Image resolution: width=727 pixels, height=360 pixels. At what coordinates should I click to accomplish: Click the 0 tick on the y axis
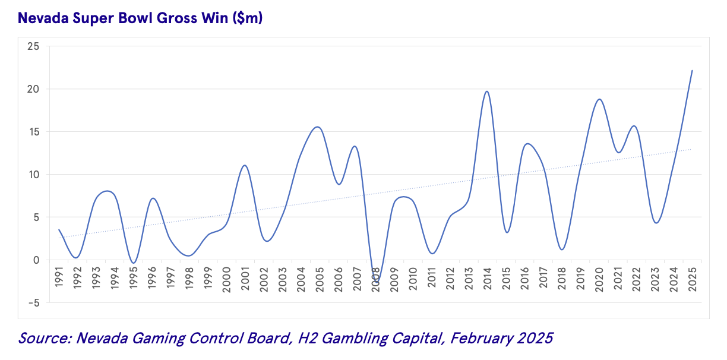(36, 260)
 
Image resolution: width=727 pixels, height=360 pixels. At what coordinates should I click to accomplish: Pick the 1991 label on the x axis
(59, 277)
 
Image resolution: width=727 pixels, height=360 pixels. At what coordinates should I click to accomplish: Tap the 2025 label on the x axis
(692, 277)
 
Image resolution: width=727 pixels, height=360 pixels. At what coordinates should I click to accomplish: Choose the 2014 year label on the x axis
(487, 277)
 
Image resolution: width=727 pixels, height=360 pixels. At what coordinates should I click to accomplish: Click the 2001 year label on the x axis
(245, 277)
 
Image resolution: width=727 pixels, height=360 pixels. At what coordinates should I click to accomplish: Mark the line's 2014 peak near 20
(487, 91)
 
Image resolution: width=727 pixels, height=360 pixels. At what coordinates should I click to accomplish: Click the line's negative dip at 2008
(375, 280)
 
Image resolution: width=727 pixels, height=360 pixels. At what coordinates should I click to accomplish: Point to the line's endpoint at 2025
(692, 71)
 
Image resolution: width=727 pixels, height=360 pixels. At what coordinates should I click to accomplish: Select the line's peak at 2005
(318, 127)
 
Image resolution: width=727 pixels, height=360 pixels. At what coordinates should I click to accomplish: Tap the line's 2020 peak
(599, 99)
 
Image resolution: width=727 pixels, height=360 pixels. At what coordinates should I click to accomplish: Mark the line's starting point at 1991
(59, 230)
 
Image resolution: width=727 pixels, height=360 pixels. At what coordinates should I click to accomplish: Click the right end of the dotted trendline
(691, 149)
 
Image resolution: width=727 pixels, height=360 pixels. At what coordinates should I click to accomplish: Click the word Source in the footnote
(43, 339)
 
